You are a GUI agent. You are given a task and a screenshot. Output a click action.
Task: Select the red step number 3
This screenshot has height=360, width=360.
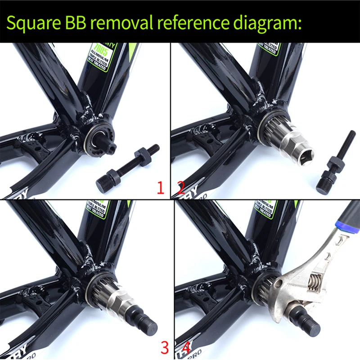[x=165, y=347]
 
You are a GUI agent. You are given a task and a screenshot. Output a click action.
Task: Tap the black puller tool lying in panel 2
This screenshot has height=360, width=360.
[x=335, y=162]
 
